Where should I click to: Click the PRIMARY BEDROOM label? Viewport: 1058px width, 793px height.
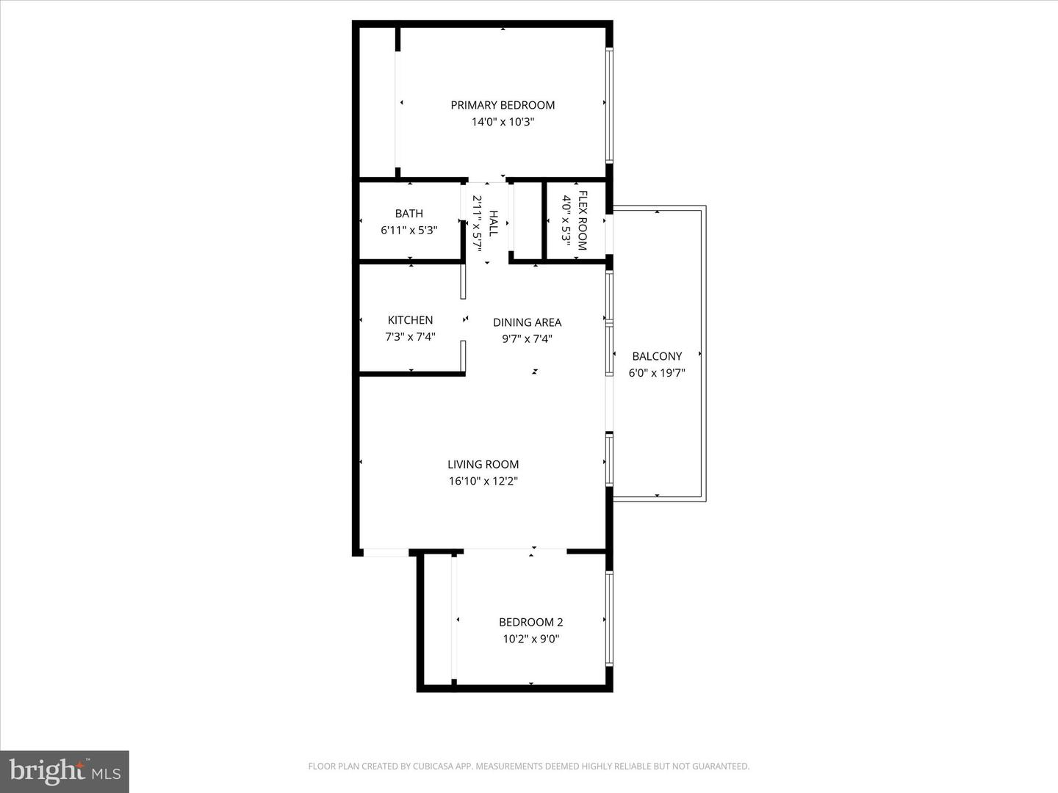coord(503,105)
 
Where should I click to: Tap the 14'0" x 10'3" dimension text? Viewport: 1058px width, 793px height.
coord(503,122)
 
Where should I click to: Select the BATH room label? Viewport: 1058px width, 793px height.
coord(409,213)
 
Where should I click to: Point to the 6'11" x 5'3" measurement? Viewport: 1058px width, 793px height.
coord(409,230)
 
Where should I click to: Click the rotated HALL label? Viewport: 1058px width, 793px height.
coord(493,223)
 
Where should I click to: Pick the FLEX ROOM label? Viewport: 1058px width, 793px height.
coord(582,220)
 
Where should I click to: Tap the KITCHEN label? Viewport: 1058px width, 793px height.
coord(410,320)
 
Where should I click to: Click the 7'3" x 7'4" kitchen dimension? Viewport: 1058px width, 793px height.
coord(410,336)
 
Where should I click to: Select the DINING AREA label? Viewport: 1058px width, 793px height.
coord(527,322)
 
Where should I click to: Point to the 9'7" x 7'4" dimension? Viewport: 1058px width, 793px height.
coord(527,339)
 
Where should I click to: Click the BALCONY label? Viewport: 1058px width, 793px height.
coord(657,356)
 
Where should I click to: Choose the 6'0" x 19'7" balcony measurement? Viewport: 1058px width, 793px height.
coord(657,373)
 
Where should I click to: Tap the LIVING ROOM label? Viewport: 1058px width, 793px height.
coord(483,464)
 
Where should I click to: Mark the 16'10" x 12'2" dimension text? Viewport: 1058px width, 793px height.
coord(483,481)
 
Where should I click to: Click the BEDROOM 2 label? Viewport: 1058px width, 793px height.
coord(530,622)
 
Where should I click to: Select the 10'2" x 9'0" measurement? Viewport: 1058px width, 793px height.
coord(530,639)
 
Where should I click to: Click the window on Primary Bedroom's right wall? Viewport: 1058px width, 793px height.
coord(609,105)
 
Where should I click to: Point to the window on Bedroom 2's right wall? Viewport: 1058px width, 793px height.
coord(609,619)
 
